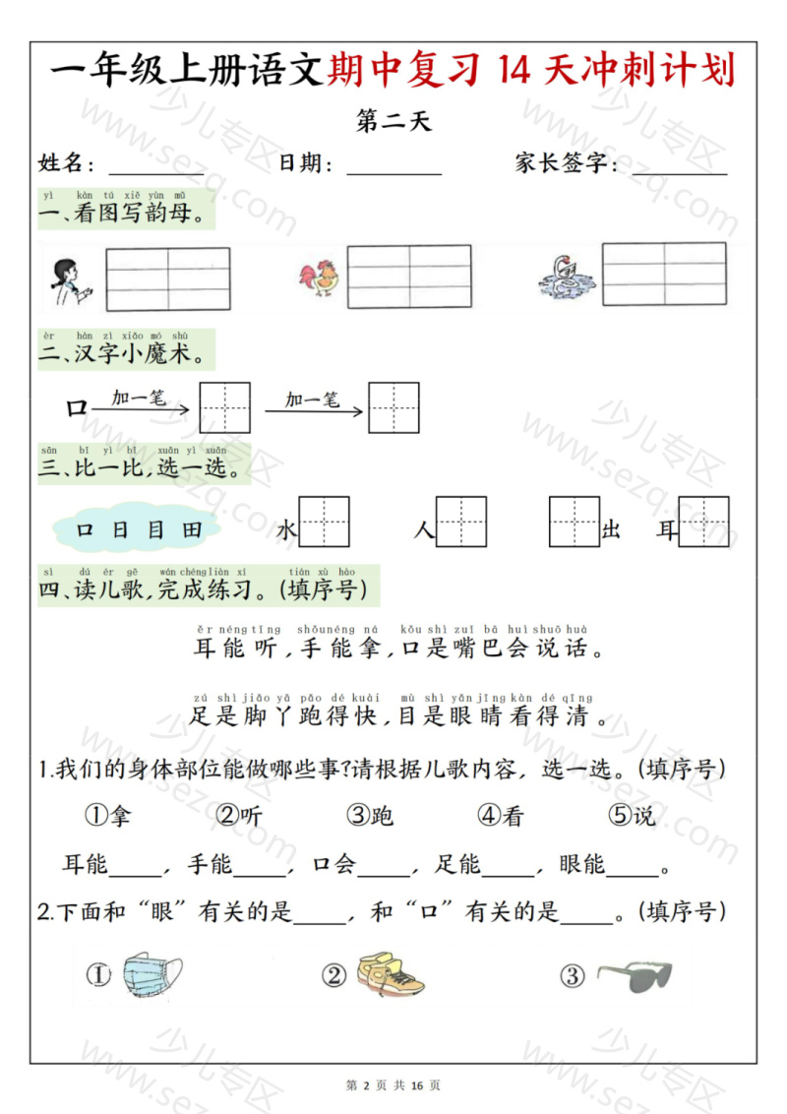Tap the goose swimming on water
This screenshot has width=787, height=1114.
pos(568,277)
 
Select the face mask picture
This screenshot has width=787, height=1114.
pos(152,975)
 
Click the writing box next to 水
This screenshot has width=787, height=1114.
pos(325,523)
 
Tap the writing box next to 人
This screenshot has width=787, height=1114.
pos(461,523)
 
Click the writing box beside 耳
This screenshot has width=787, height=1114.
pos(704,523)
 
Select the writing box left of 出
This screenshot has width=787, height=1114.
pos(575,523)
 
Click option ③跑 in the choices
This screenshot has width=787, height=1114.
pos(370,816)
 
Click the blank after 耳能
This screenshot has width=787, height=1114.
pos(134,867)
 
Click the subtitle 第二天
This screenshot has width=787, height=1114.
pos(393,121)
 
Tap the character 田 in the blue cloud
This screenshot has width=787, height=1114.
pos(192,530)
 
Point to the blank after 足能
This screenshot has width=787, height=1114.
pos(508,867)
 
